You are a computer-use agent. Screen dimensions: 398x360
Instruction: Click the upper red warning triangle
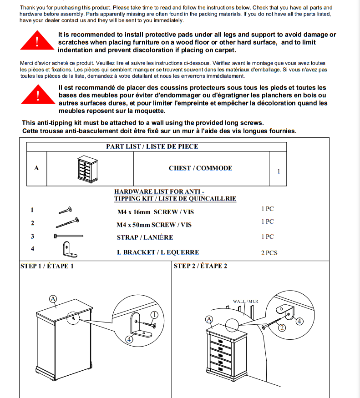click(x=38, y=41)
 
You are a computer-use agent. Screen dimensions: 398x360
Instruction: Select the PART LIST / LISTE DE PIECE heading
click(x=152, y=146)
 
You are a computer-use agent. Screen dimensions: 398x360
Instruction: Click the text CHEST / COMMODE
click(x=200, y=168)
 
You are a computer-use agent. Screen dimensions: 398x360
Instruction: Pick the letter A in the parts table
click(x=36, y=168)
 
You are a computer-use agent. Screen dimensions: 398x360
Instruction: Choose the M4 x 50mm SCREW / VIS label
click(x=154, y=225)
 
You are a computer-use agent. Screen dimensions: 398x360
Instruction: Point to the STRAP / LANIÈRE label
click(x=145, y=237)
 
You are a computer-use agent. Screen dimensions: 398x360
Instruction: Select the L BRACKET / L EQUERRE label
click(x=158, y=252)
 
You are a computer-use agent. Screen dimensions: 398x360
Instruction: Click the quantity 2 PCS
click(x=269, y=253)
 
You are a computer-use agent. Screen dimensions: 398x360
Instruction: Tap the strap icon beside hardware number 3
click(x=69, y=236)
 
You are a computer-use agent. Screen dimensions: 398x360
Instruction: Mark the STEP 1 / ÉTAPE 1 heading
click(x=47, y=266)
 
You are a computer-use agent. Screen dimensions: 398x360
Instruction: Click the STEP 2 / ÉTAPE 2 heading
click(x=200, y=266)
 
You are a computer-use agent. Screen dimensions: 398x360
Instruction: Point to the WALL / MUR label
click(x=245, y=301)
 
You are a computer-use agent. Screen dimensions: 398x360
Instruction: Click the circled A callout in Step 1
click(x=53, y=299)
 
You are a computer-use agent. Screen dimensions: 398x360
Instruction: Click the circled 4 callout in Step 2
click(x=299, y=321)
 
